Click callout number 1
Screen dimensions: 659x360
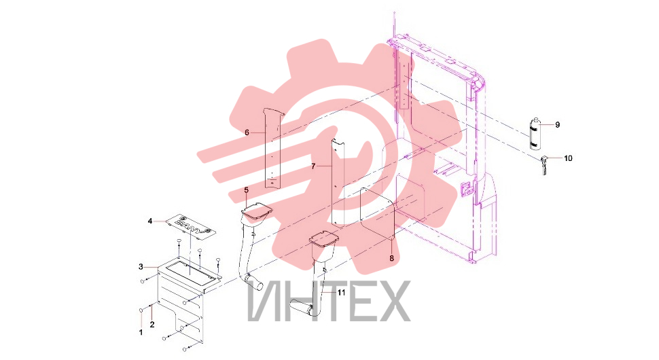pyautogui.click(x=141, y=332)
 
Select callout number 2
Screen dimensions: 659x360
pyautogui.click(x=152, y=324)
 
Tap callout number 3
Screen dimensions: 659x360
pyautogui.click(x=141, y=267)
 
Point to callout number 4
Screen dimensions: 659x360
pyautogui.click(x=150, y=221)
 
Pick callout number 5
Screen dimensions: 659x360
pyautogui.click(x=247, y=190)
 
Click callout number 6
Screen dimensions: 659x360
pyautogui.click(x=247, y=132)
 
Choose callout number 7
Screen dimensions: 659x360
pyautogui.click(x=313, y=166)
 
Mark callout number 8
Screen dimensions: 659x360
pyautogui.click(x=392, y=258)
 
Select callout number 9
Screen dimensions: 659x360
pyautogui.click(x=557, y=125)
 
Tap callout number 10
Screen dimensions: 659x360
pyautogui.click(x=568, y=158)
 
